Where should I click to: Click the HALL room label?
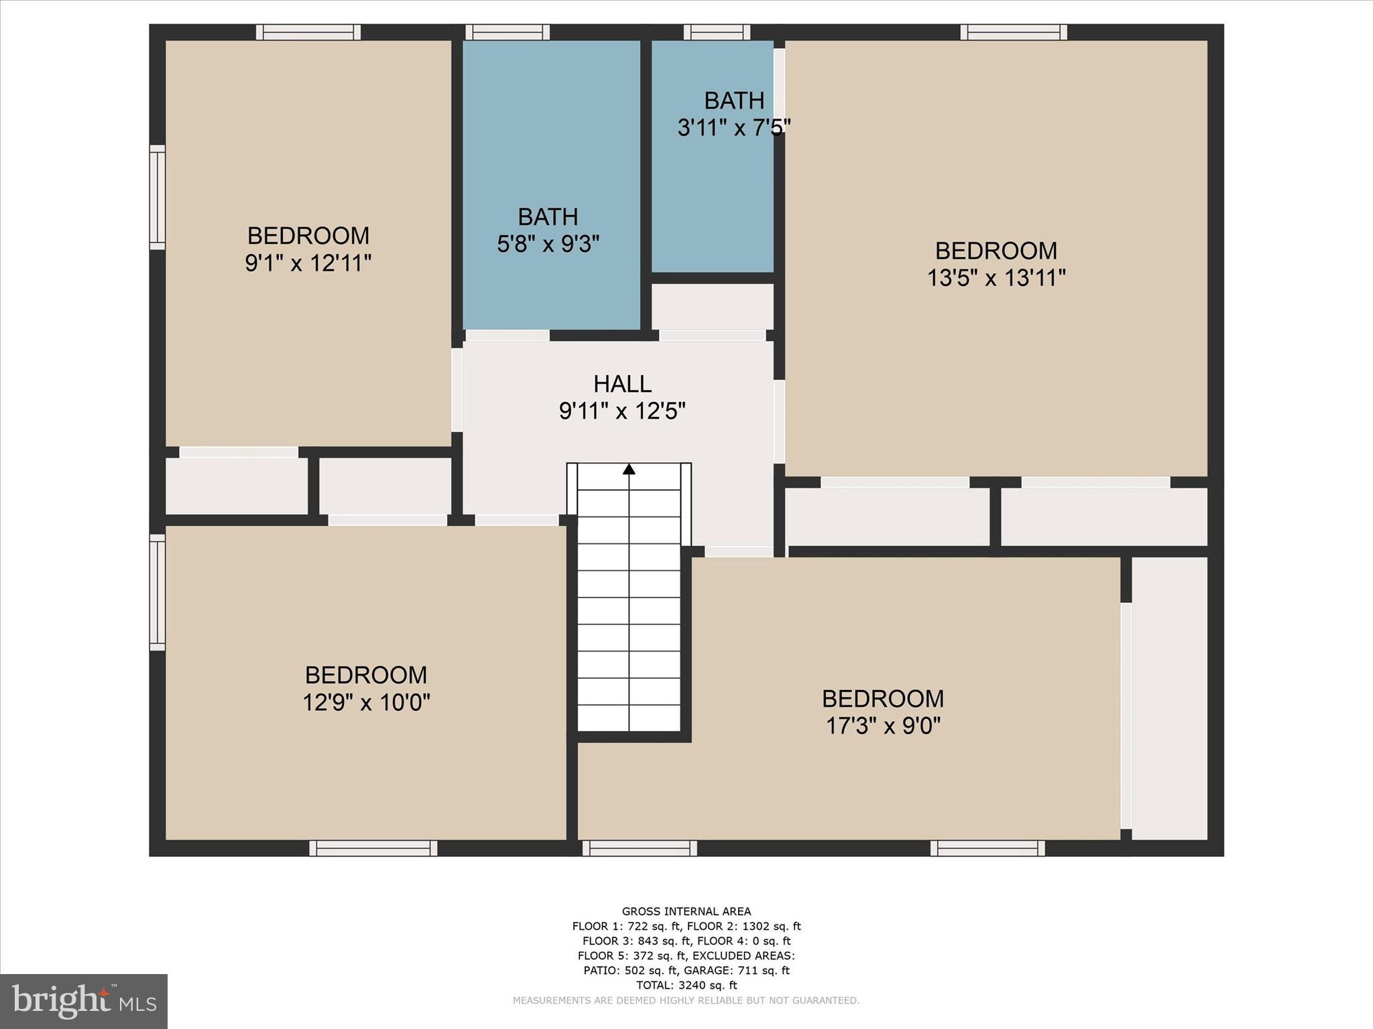coord(622,384)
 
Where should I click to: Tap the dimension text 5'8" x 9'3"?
coord(548,245)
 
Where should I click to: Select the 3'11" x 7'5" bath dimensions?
coord(733,127)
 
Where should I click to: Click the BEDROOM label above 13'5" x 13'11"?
coord(996,251)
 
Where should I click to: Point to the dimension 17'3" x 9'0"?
coord(883,726)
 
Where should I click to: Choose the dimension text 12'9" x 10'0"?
coord(366,703)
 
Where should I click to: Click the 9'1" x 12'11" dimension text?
coord(308,263)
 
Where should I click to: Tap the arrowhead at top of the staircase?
coord(629,469)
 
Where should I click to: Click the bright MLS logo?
coord(84,1001)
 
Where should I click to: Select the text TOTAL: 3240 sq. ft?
coord(686,985)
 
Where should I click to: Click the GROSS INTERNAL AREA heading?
coord(686,911)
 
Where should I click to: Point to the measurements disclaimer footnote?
coord(686,1000)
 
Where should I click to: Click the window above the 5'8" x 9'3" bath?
coord(508,32)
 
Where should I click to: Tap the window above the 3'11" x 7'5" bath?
coord(717,32)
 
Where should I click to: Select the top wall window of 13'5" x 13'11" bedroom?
coord(1013,32)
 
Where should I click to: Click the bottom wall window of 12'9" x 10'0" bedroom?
coord(373,848)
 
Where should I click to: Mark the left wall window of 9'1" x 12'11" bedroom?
coord(157,197)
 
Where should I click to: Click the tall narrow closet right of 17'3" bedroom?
coord(1169,697)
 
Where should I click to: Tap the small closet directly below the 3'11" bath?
coord(712,306)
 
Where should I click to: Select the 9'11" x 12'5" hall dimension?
coord(622,411)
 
